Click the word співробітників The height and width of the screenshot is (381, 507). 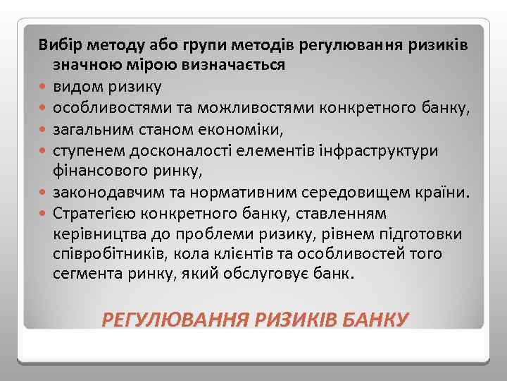[106, 253]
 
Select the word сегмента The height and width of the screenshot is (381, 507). [83, 274]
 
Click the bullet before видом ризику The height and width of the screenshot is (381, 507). [44, 87]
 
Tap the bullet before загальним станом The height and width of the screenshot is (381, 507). [44, 129]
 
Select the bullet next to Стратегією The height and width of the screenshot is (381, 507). [44, 212]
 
